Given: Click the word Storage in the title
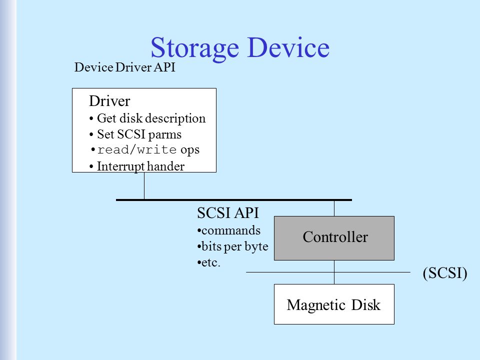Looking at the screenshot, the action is coord(194,48).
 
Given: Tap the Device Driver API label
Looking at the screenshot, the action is coord(125,67).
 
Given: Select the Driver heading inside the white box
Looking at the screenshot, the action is coord(109,101).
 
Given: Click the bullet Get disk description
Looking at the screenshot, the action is coord(147,118).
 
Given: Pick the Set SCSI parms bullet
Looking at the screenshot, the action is coord(135,134).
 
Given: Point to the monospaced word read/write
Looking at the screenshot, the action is coord(137,149).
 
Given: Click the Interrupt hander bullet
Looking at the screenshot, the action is coord(137,166).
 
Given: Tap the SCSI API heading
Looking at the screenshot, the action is coord(228,213).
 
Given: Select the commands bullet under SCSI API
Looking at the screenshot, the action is coord(229,230).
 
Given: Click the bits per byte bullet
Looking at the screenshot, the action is coord(232,246).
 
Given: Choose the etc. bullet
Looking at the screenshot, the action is coord(209,262).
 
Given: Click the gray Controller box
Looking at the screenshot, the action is coord(334,238).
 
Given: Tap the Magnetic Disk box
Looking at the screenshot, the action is coord(334,304).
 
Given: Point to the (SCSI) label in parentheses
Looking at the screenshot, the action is coord(445,273).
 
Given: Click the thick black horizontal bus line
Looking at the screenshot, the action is coord(234,200).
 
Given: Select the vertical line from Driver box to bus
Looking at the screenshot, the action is coord(144,186).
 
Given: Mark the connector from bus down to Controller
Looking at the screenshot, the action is coord(334,208).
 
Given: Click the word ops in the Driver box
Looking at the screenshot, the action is coord(190,150).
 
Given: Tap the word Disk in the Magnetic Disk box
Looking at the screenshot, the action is coord(366,305).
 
